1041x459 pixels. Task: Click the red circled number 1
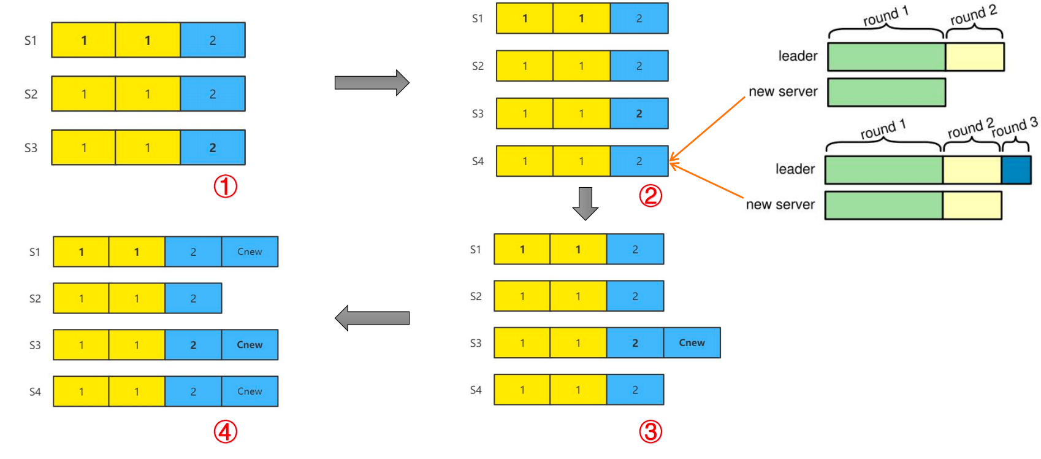(225, 187)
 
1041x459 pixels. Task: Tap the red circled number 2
(650, 196)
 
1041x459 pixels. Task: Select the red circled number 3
(650, 432)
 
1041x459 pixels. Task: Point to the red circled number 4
(225, 432)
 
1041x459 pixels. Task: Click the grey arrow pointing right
(372, 82)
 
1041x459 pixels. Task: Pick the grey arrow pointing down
(585, 203)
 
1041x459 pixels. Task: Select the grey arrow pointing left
(372, 318)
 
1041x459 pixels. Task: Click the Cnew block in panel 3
(692, 343)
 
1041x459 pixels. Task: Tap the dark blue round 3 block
(1016, 171)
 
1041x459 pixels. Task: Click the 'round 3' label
(1015, 127)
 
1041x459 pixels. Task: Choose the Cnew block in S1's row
(250, 252)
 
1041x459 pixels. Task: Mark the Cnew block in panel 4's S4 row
(250, 391)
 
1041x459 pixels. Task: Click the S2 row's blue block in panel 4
(193, 298)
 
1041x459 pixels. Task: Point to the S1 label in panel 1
(31, 40)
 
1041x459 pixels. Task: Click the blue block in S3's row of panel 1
(213, 147)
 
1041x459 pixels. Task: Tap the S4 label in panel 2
(478, 161)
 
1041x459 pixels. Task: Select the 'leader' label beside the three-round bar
(795, 169)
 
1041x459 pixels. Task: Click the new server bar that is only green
(886, 92)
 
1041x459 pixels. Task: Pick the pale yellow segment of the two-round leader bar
(975, 57)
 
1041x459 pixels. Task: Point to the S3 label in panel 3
(476, 343)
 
